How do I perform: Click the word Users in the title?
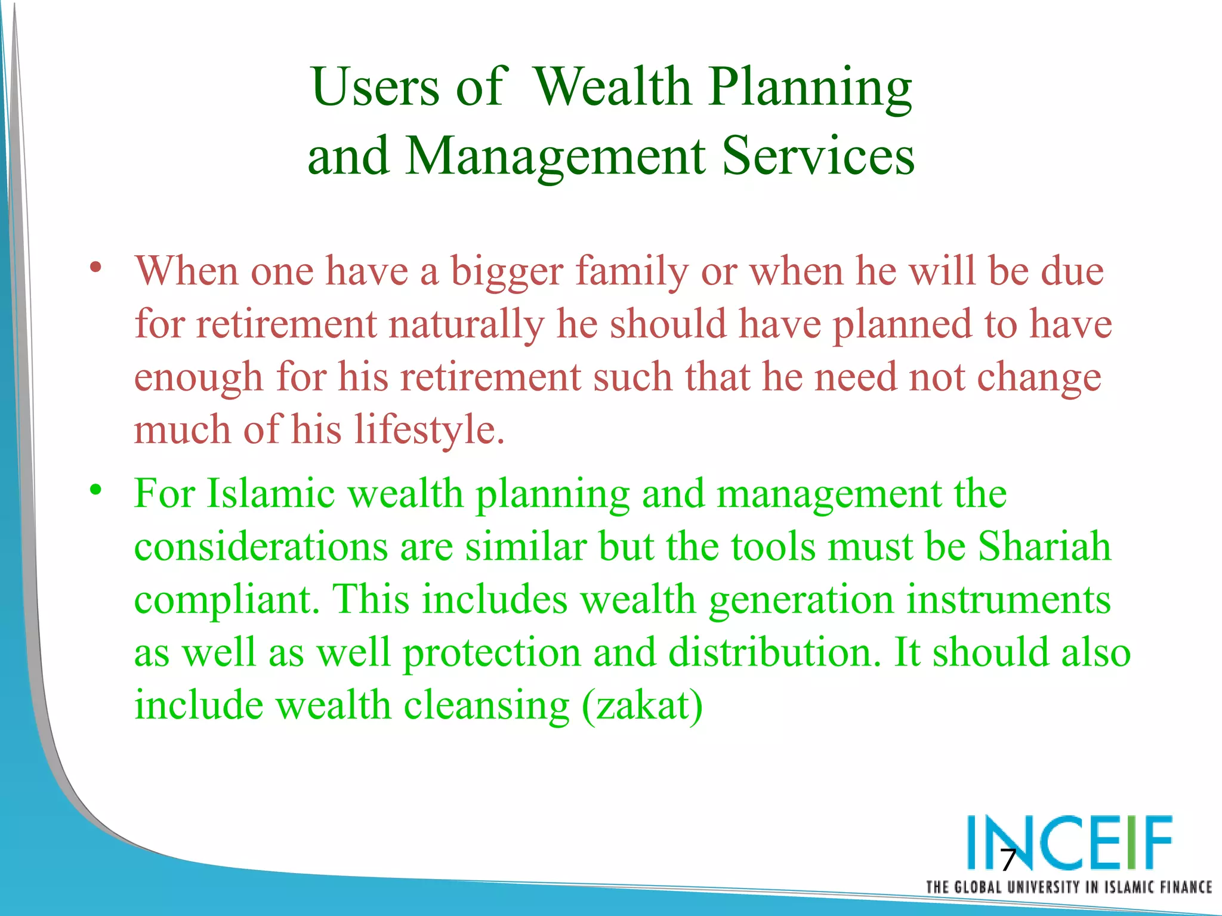375,88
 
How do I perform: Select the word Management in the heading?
555,157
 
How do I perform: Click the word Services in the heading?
817,156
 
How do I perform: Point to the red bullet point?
95,267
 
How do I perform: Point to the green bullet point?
95,490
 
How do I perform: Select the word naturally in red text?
466,325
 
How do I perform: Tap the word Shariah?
1044,547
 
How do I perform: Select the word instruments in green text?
1008,599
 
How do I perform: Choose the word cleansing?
486,705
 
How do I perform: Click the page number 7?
1008,860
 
